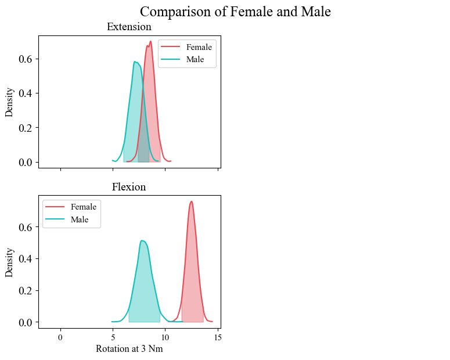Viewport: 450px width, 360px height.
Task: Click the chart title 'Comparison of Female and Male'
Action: (235, 12)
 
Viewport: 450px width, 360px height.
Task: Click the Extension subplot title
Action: (129, 27)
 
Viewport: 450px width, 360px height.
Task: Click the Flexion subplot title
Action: (129, 187)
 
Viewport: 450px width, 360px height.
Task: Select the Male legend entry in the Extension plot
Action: (195, 59)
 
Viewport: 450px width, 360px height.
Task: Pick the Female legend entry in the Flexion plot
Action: (83, 207)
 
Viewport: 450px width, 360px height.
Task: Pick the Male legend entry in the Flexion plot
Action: (80, 219)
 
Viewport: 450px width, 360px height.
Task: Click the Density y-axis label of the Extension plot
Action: (9, 102)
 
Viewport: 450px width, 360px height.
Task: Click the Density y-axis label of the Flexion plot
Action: (9, 262)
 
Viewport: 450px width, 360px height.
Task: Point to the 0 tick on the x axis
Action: (60, 336)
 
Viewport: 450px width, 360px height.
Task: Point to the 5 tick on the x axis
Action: (113, 336)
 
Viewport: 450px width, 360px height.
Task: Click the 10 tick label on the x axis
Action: (165, 336)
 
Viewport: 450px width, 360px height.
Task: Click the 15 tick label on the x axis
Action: (218, 336)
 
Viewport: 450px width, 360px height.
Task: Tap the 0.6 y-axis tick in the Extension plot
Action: (24, 59)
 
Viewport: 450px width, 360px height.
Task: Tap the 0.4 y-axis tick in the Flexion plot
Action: (24, 258)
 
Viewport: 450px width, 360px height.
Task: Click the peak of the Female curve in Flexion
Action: (192, 201)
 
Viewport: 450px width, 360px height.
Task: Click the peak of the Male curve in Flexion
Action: (142, 240)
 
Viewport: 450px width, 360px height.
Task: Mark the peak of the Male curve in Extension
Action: (134, 62)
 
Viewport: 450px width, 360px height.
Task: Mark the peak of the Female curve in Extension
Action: (150, 41)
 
